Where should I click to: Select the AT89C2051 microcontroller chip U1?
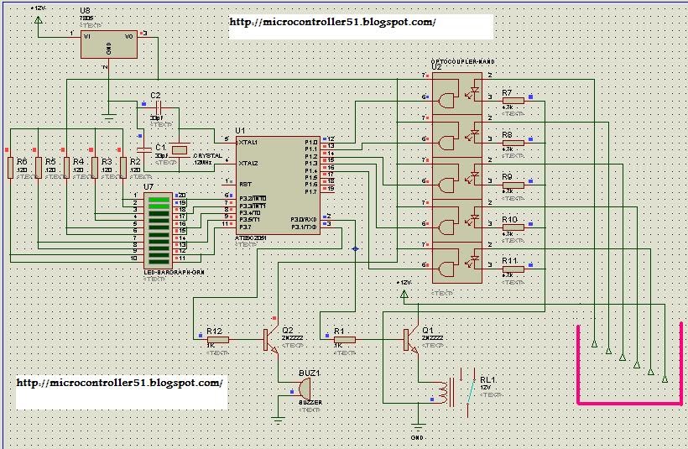[278, 185]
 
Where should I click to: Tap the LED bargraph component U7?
[159, 228]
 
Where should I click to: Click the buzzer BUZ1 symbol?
[305, 389]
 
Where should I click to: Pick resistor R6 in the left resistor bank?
[10, 167]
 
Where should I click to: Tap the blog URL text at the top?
[332, 23]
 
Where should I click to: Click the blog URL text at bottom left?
[120, 383]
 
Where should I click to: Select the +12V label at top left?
[38, 8]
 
